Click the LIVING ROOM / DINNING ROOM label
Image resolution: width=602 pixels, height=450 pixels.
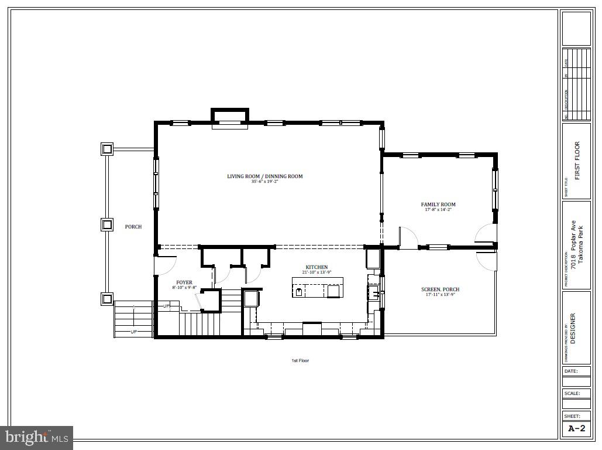(265, 176)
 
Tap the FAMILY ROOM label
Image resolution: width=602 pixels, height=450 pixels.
(438, 204)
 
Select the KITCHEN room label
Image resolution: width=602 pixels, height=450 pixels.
(316, 267)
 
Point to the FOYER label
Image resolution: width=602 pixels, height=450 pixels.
(184, 282)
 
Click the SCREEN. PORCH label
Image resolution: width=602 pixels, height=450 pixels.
(440, 289)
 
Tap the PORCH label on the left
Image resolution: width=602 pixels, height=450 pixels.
(133, 227)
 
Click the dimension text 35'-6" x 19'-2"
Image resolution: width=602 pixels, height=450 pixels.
(265, 182)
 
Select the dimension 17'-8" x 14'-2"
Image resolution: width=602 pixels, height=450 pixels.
(438, 210)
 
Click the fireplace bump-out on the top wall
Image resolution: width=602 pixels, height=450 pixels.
(229, 115)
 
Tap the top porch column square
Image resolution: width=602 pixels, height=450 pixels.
(106, 149)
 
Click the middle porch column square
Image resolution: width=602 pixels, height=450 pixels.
(106, 224)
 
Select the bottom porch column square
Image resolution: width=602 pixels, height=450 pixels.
(106, 299)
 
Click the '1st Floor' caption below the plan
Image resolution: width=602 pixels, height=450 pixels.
(300, 360)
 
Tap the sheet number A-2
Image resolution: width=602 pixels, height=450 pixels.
(576, 429)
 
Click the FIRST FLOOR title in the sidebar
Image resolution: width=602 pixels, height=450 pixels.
(577, 161)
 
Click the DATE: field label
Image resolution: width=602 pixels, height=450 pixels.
(570, 371)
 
